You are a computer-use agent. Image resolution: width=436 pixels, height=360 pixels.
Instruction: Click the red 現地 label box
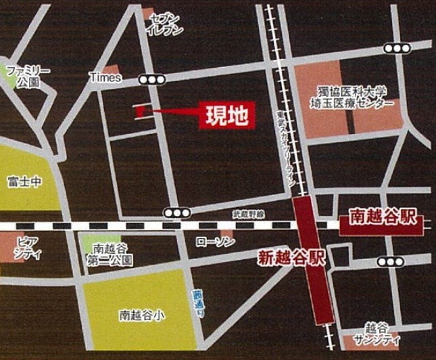[227, 115]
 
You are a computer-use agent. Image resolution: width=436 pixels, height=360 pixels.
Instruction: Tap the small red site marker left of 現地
[139, 110]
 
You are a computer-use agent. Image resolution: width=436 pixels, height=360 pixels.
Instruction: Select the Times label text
[105, 78]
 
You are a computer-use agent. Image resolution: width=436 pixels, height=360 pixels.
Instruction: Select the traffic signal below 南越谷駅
[389, 262]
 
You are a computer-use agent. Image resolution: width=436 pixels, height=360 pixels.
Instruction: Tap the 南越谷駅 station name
[383, 219]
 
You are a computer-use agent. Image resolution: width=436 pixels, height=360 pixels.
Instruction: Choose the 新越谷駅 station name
[292, 257]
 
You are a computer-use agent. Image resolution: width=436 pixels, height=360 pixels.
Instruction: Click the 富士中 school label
[25, 181]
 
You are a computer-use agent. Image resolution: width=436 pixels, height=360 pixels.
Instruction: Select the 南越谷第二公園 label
[110, 252]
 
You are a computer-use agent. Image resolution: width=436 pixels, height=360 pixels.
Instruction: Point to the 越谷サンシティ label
[381, 332]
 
